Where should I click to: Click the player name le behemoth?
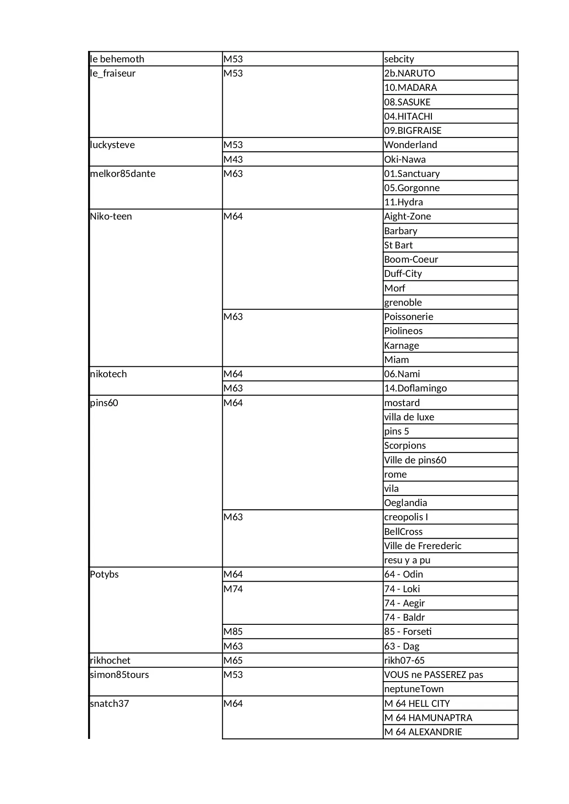coord(117,59)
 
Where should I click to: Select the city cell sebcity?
coord(399,59)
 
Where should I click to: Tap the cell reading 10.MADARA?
coord(410,88)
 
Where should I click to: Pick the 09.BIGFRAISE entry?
coord(413,131)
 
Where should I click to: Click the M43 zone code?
coord(233,160)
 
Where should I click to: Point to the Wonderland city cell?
coord(410,145)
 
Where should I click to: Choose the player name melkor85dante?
coord(122,174)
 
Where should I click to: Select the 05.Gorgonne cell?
coord(412,188)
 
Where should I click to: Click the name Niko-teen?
coord(111,216)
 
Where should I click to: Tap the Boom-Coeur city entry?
coord(411,259)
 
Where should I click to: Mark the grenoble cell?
coord(403,303)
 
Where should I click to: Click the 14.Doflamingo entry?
coord(415,388)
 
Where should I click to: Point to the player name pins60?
coord(104,403)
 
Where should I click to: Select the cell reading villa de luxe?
coord(409,417)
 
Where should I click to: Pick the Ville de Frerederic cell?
coord(423,546)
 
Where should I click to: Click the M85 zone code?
coord(233,632)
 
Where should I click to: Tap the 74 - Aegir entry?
coord(404,603)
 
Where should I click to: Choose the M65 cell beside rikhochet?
coord(233,661)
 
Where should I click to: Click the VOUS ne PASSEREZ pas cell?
coord(433,675)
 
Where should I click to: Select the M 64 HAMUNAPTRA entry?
coord(428,718)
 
